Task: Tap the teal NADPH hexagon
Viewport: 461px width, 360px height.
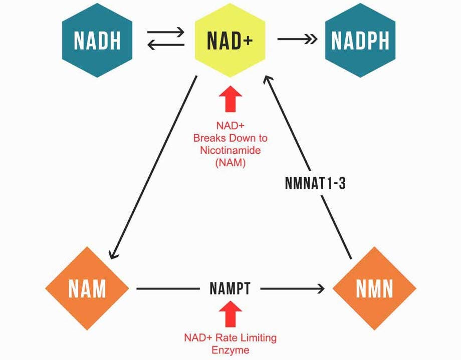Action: [360, 40]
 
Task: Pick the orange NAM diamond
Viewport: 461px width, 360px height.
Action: [87, 289]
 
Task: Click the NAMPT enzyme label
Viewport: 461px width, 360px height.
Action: [230, 289]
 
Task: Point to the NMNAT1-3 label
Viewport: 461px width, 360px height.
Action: [315, 183]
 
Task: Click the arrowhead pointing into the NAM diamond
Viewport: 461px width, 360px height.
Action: [114, 253]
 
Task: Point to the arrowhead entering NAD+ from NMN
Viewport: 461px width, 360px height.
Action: [269, 81]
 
